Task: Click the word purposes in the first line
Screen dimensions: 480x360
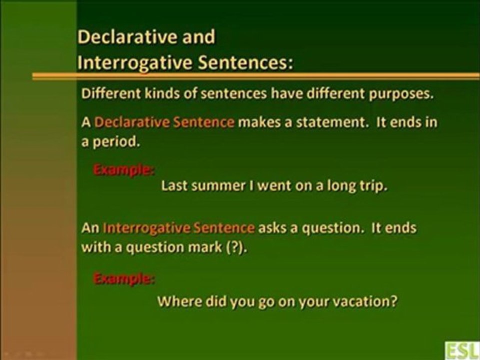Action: click(401, 94)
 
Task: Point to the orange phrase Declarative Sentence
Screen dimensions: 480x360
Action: click(164, 122)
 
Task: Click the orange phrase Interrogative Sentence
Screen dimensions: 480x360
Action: click(178, 228)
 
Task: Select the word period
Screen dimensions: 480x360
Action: click(116, 142)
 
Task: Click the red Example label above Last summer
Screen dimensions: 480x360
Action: click(123, 169)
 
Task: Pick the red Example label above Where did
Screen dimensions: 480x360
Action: click(123, 278)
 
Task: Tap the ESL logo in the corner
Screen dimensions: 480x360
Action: click(462, 350)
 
